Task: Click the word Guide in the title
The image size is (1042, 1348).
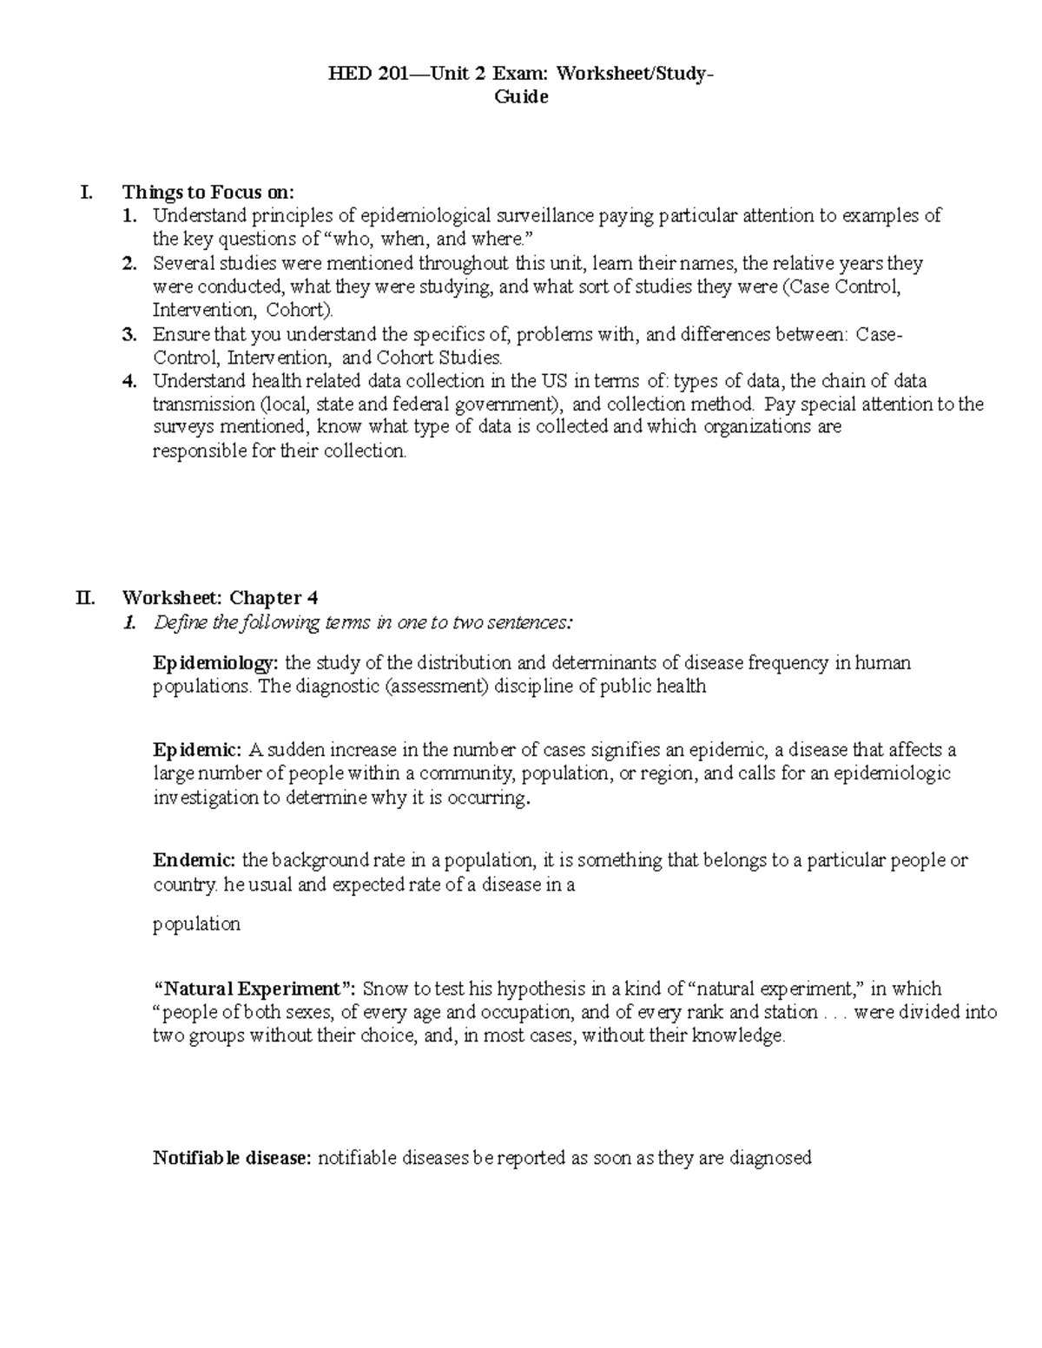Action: tap(521, 97)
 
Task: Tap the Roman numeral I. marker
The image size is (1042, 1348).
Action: tap(85, 192)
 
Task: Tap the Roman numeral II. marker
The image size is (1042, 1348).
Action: tap(86, 598)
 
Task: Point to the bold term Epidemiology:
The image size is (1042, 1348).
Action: tap(216, 664)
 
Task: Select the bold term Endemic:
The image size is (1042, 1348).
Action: tap(195, 861)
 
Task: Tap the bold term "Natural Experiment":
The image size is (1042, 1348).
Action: tap(255, 989)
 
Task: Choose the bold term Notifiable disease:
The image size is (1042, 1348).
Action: tap(232, 1158)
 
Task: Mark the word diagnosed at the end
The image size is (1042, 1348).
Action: tap(770, 1158)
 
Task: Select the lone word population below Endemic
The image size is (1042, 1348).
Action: tap(196, 924)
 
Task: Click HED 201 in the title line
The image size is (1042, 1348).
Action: tap(359, 74)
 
